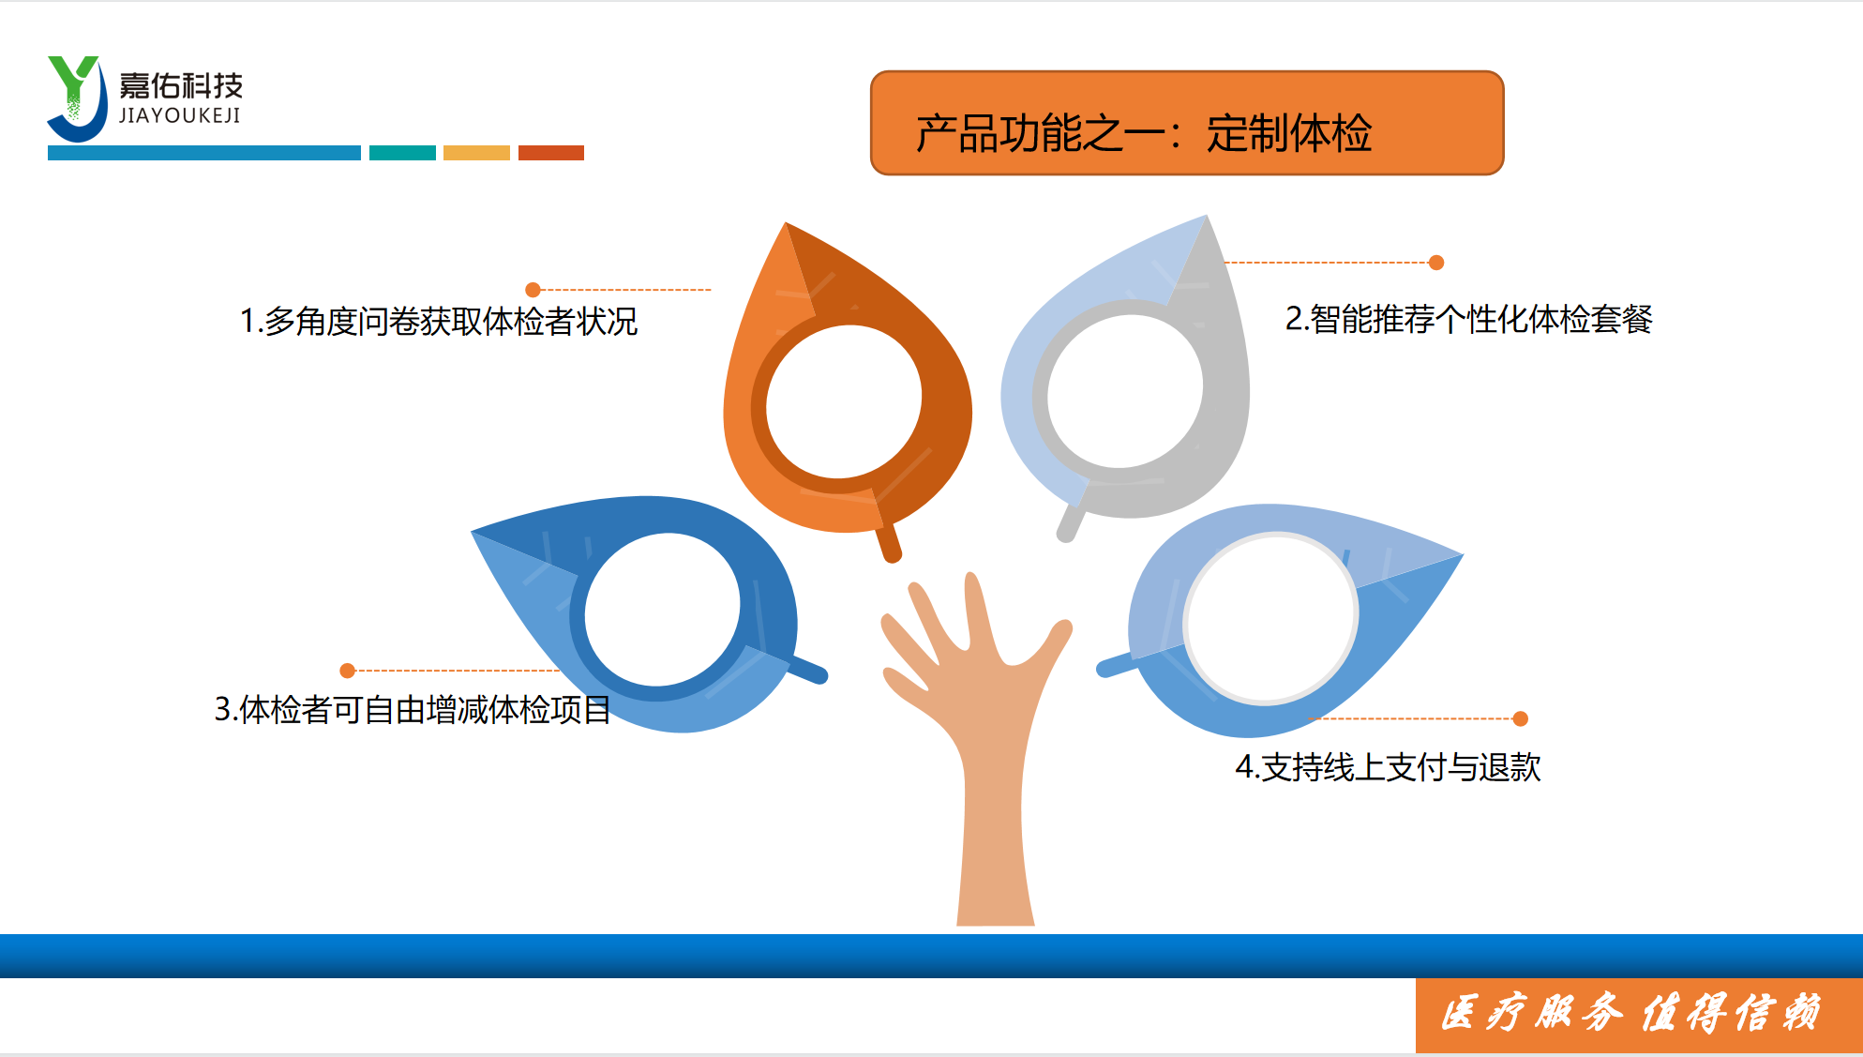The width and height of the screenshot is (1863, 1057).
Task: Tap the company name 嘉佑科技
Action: click(x=181, y=86)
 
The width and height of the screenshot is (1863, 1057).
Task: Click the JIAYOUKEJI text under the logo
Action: click(x=180, y=115)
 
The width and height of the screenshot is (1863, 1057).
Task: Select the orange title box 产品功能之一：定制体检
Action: click(x=1187, y=123)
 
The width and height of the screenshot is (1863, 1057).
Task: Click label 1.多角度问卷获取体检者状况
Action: click(x=439, y=322)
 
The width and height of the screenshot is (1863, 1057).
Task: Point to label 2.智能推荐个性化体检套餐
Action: click(x=1468, y=319)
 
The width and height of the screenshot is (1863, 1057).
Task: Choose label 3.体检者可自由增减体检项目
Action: click(x=413, y=709)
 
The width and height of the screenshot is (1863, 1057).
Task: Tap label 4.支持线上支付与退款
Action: click(x=1388, y=767)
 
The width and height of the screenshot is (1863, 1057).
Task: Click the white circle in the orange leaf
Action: click(x=844, y=402)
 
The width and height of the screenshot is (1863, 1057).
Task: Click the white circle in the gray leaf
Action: click(x=1125, y=391)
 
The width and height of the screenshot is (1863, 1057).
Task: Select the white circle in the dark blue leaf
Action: click(x=662, y=611)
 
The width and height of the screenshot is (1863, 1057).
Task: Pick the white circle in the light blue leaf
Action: click(x=1270, y=618)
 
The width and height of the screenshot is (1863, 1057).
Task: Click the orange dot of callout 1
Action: click(x=533, y=290)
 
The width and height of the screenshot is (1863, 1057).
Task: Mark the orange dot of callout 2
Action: click(x=1436, y=263)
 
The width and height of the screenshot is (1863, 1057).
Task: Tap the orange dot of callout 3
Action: click(x=347, y=671)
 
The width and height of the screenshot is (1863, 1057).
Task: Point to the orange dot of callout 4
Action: click(x=1521, y=718)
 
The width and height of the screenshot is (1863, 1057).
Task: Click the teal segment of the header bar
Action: click(x=402, y=153)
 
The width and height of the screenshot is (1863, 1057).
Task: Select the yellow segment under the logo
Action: click(x=476, y=153)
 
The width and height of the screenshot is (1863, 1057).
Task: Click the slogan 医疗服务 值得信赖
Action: click(x=1631, y=1013)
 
